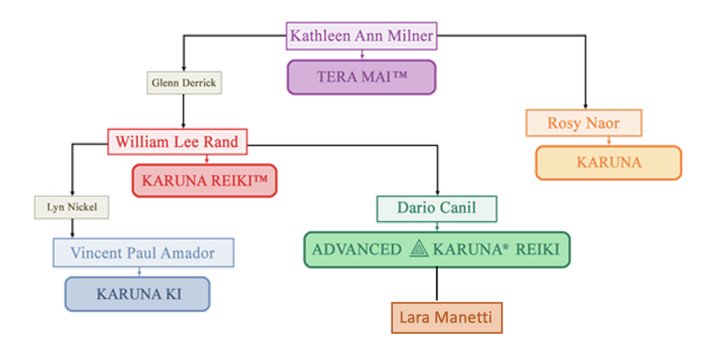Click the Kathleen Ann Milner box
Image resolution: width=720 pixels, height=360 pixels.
361,35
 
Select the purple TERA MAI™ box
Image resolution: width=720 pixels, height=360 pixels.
361,77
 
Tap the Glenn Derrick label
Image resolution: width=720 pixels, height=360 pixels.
183,82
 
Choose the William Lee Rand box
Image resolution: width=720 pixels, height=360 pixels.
177,141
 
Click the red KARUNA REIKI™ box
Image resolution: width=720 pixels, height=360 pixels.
204,181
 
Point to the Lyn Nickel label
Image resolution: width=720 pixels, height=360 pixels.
71,207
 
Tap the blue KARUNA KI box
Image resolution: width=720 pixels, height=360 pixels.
137,294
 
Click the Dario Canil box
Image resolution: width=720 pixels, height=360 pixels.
436,208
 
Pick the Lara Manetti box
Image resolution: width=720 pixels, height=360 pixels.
447,317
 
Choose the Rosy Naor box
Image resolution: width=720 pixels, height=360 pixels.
583,123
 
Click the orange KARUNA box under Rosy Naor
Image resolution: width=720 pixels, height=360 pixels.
608,163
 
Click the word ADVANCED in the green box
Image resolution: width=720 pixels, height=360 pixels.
356,250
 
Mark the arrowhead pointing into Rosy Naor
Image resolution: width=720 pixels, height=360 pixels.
584,106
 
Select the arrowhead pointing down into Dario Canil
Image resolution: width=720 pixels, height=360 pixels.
436,193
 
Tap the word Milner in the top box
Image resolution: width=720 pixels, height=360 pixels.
409,35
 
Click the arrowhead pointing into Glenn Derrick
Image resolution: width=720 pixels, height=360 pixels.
183,67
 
